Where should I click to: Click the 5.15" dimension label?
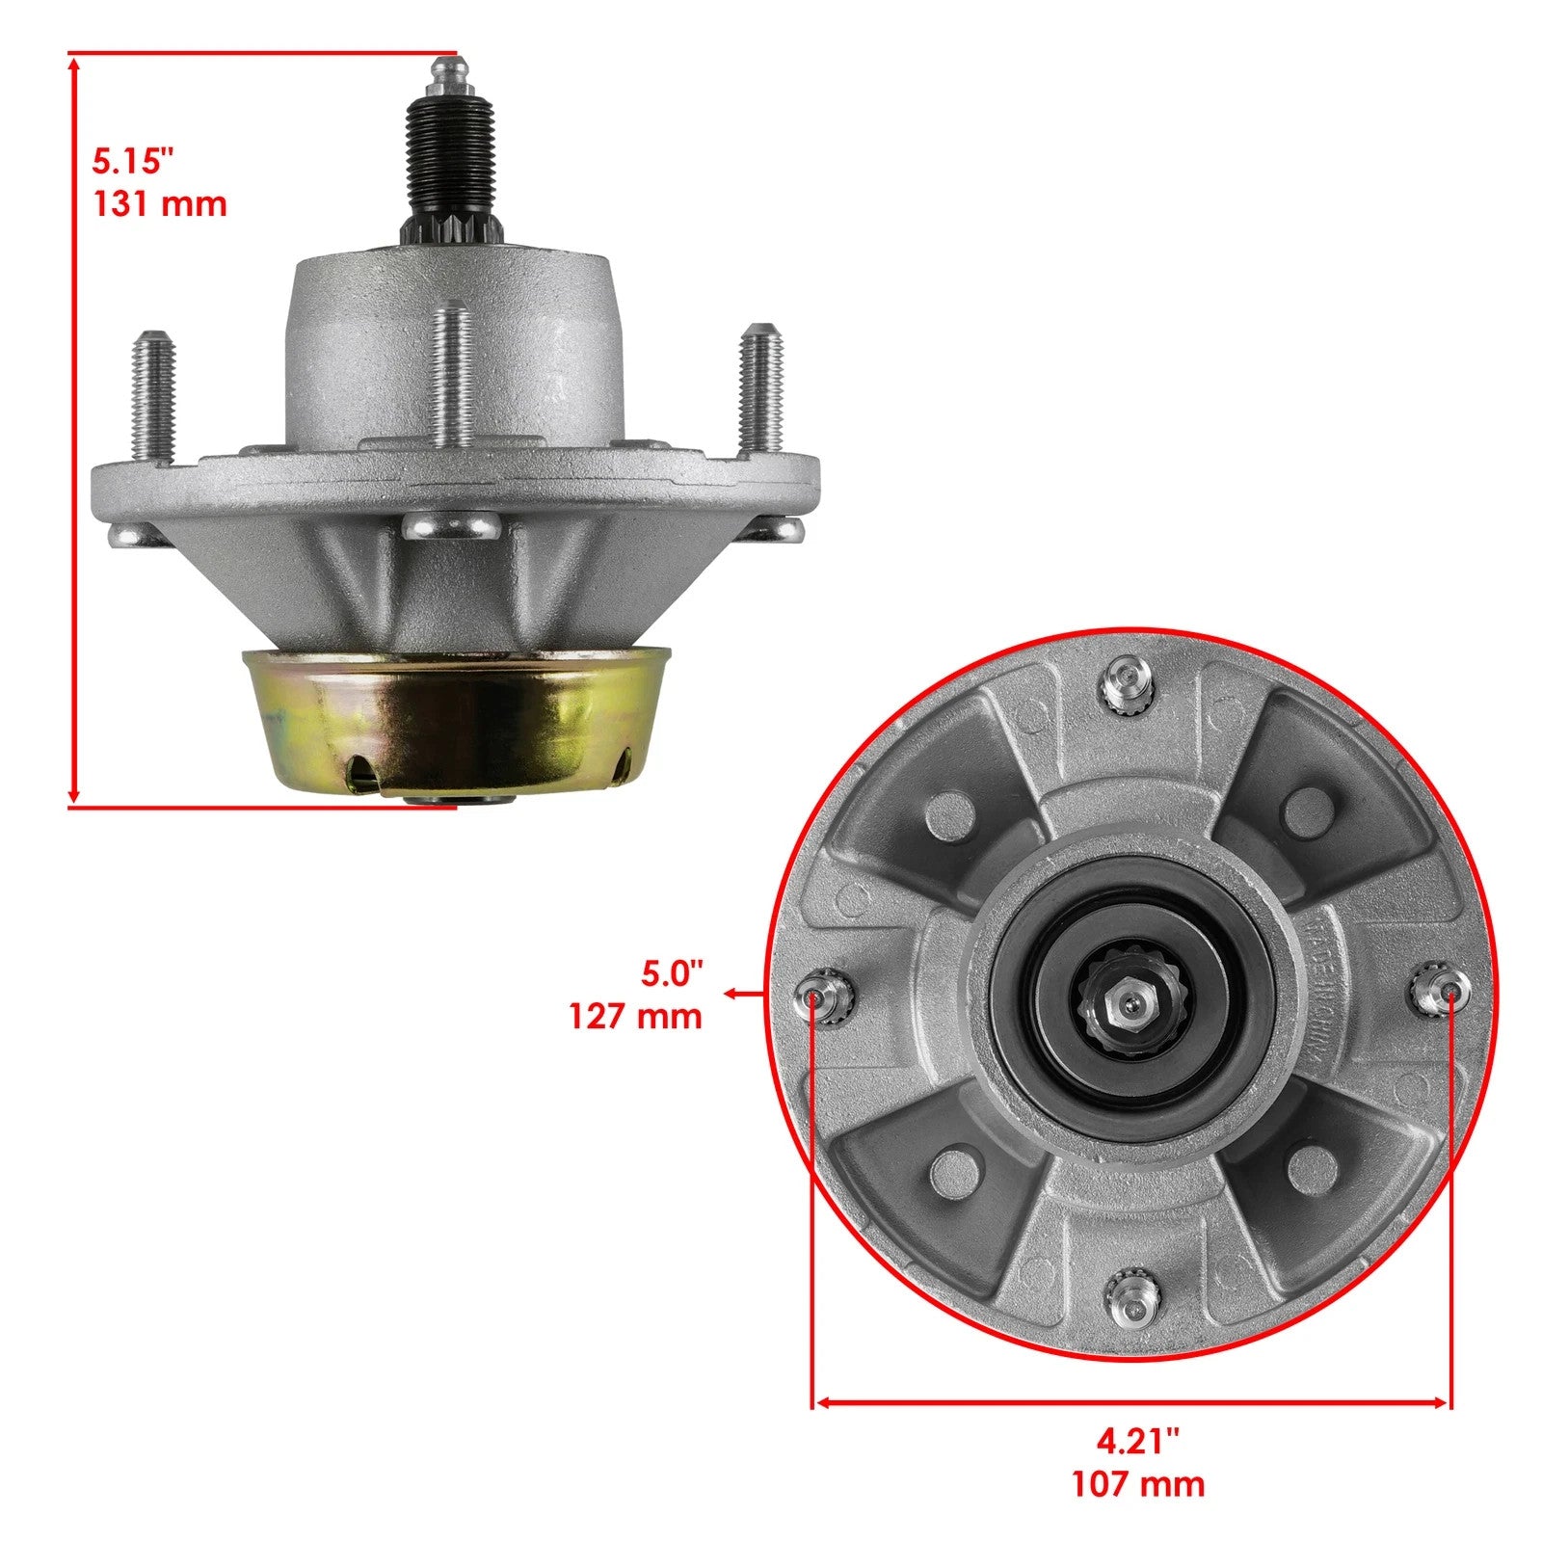[x=132, y=160]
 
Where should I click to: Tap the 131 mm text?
[x=159, y=204]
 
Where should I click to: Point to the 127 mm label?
[x=635, y=1016]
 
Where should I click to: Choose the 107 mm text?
[x=1137, y=1483]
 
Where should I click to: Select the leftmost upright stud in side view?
[x=152, y=395]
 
